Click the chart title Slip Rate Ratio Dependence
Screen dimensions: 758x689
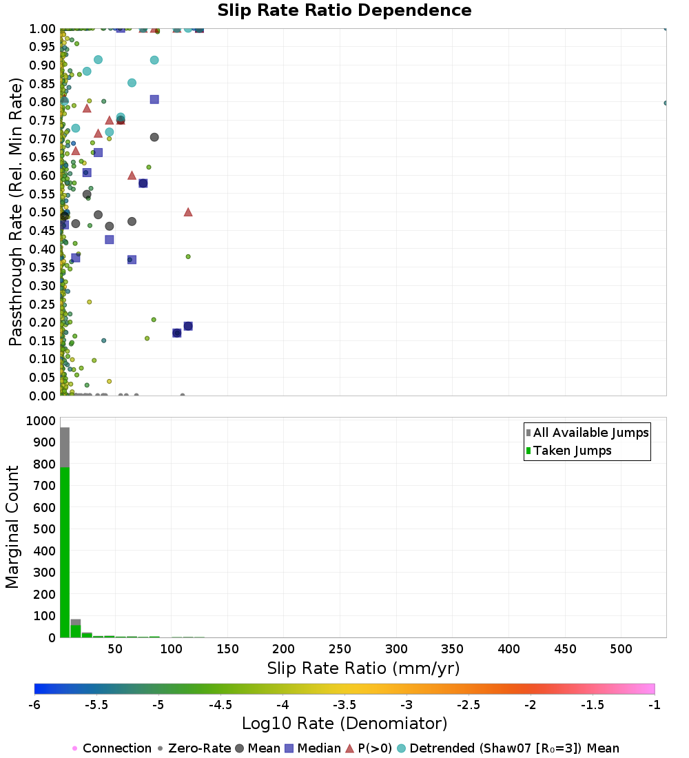click(344, 11)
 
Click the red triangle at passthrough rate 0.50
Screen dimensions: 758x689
click(188, 212)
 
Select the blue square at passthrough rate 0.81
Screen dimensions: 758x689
click(154, 99)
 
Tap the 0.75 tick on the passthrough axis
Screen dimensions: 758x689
click(43, 121)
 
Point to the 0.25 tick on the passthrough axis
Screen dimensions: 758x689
click(43, 304)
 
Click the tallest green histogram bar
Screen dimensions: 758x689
click(65, 551)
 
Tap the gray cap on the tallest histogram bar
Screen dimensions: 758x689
click(65, 447)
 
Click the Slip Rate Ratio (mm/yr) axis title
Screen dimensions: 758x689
click(363, 668)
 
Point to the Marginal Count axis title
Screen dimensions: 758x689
click(12, 527)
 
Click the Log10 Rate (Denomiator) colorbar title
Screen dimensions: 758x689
click(344, 724)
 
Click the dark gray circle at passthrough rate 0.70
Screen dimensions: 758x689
click(154, 137)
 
